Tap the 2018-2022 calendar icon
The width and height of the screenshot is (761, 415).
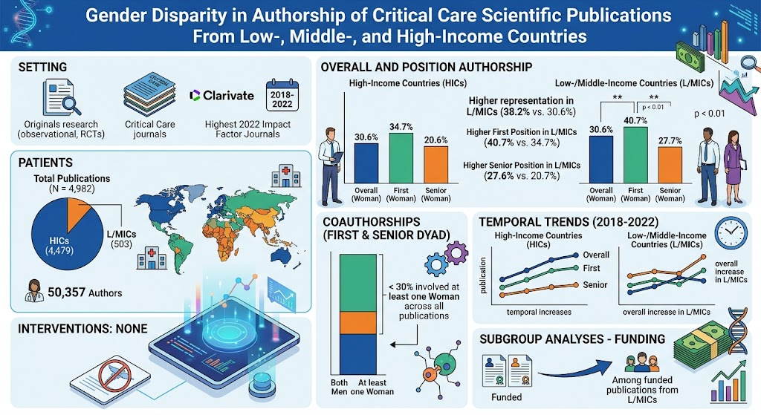(x=282, y=96)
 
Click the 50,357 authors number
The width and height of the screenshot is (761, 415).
(x=66, y=293)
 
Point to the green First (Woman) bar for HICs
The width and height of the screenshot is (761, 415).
(x=401, y=158)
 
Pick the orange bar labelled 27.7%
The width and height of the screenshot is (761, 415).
(x=670, y=165)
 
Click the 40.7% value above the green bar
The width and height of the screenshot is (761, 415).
(x=635, y=120)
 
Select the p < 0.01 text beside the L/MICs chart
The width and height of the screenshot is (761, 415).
(x=709, y=114)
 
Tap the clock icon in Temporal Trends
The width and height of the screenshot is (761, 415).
(x=731, y=233)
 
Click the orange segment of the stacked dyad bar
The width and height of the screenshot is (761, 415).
(x=358, y=322)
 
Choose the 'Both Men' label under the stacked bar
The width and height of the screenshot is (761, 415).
(x=339, y=387)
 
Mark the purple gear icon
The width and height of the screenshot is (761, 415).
(x=456, y=252)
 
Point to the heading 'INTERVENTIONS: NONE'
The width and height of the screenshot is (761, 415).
(x=82, y=329)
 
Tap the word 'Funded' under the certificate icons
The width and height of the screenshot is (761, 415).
(x=507, y=397)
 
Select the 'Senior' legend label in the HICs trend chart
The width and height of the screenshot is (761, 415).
(x=595, y=285)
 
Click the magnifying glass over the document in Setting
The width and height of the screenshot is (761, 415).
(x=71, y=104)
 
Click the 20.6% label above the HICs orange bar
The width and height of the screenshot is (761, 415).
(x=435, y=140)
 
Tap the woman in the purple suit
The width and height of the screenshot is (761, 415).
(x=732, y=166)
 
